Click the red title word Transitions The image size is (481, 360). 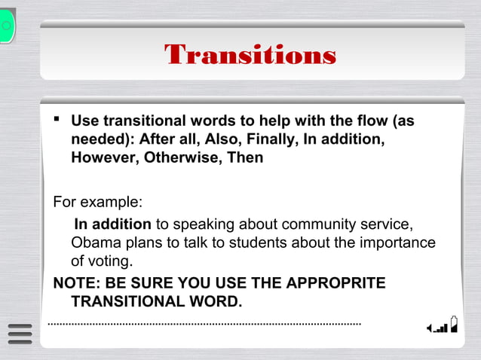[x=250, y=55]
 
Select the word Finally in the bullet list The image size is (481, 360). [x=268, y=140]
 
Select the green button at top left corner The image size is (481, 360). [x=7, y=26]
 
